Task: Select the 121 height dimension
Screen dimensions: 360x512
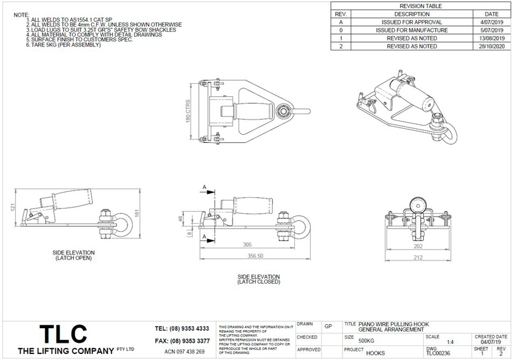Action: pos(12,208)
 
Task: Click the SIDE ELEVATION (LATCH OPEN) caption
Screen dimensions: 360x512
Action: pos(74,255)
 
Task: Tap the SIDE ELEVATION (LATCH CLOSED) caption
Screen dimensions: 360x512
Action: pos(258,279)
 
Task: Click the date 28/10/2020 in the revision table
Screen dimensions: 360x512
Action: pos(491,47)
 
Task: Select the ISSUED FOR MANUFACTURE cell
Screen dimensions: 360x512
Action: pos(412,30)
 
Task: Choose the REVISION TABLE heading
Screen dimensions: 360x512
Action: pos(421,5)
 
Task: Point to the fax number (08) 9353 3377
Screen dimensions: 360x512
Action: pos(181,340)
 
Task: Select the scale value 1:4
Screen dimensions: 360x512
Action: pos(451,341)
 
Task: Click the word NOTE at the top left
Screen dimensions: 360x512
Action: pos(21,14)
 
